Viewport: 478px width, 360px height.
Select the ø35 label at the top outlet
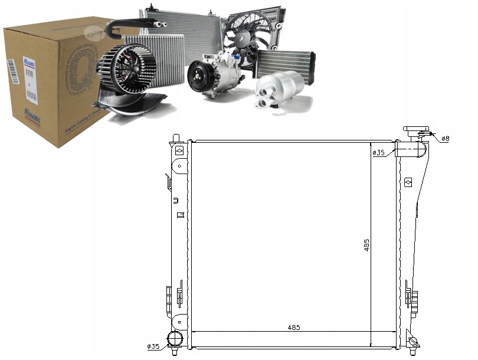point(378,153)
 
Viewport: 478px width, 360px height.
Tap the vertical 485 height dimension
point(366,245)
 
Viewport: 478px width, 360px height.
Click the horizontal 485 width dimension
point(293,328)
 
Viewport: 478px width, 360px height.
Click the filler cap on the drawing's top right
point(415,130)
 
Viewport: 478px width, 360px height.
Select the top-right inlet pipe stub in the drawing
point(408,150)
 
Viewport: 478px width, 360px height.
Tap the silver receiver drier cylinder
point(280,89)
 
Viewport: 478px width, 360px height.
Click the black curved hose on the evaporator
point(130,24)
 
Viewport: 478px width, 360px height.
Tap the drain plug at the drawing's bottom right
point(414,341)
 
